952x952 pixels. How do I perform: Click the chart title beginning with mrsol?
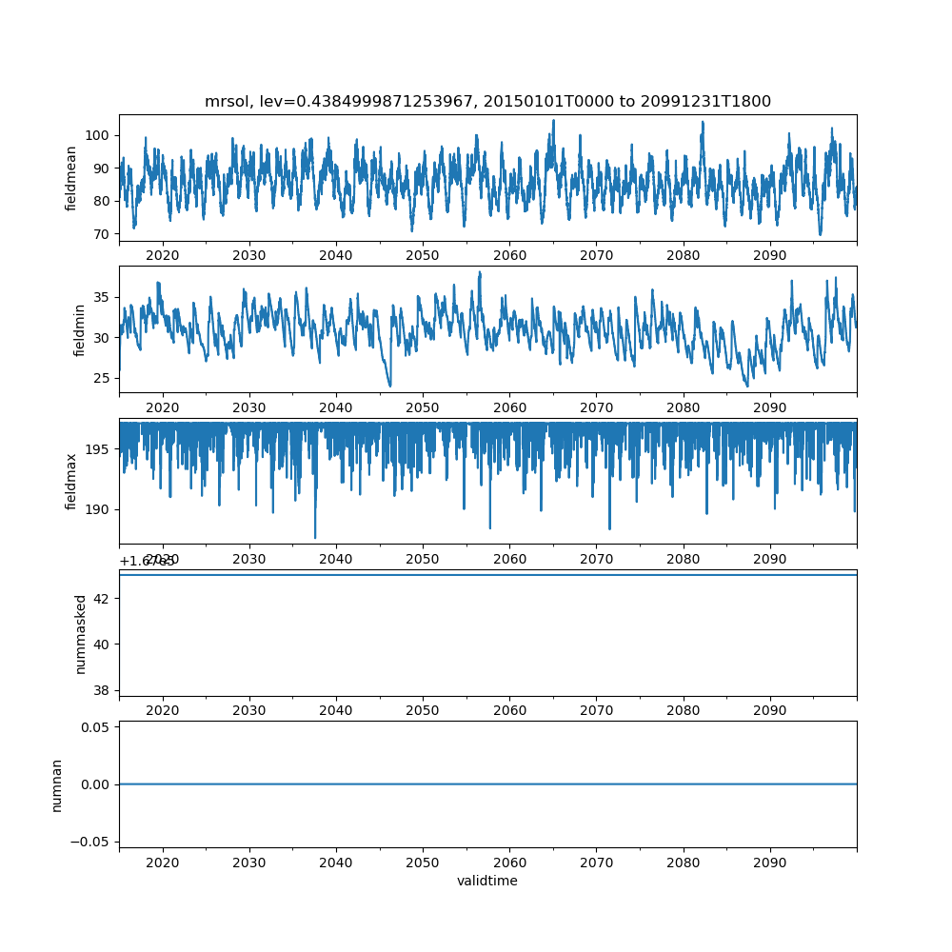(487, 101)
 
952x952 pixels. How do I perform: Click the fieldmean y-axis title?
(71, 178)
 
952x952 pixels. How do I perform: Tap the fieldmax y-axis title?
(71, 481)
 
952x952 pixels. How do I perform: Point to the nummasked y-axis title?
(81, 633)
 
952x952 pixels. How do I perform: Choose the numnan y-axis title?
(56, 784)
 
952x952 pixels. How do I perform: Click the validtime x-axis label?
(487, 881)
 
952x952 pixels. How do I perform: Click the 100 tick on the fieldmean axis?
(96, 135)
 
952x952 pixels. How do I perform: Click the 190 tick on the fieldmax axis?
(96, 509)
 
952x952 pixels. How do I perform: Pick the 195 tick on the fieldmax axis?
(96, 448)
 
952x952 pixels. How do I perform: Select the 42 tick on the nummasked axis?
(103, 598)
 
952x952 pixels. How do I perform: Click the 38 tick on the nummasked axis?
(103, 689)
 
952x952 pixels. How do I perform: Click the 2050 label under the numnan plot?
(423, 862)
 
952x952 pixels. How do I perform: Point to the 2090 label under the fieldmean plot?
(769, 255)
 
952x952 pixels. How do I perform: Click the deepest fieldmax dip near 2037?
(315, 537)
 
